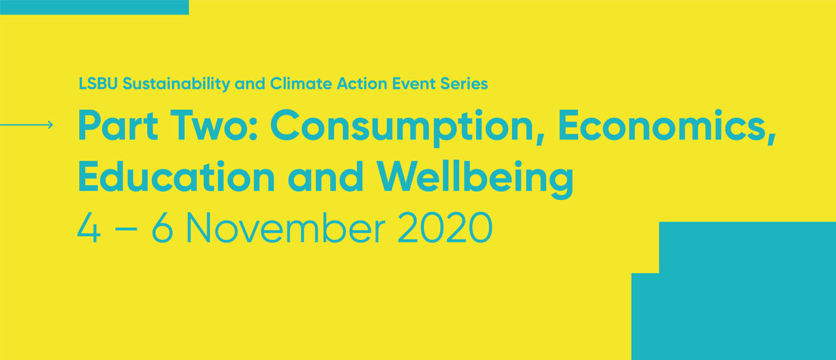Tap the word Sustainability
point(176,84)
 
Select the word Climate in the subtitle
point(301,83)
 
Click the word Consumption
point(407,128)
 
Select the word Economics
point(667,126)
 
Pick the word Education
point(177,177)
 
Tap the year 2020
point(445,227)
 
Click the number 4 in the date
point(89,227)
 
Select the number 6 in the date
point(163,227)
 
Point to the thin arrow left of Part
point(27,124)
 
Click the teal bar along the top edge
point(95,7)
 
